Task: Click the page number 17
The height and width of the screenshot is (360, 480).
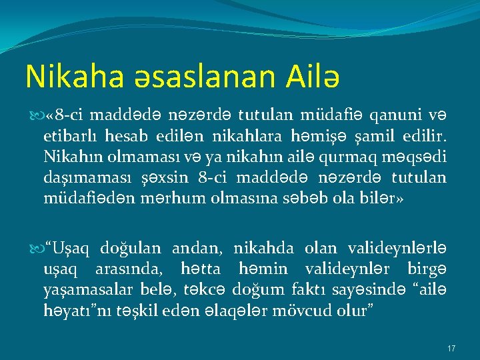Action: click(451, 349)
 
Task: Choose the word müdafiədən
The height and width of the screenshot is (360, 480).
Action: click(82, 197)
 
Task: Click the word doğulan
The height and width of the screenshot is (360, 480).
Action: click(130, 249)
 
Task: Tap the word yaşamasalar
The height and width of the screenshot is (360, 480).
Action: click(83, 289)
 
